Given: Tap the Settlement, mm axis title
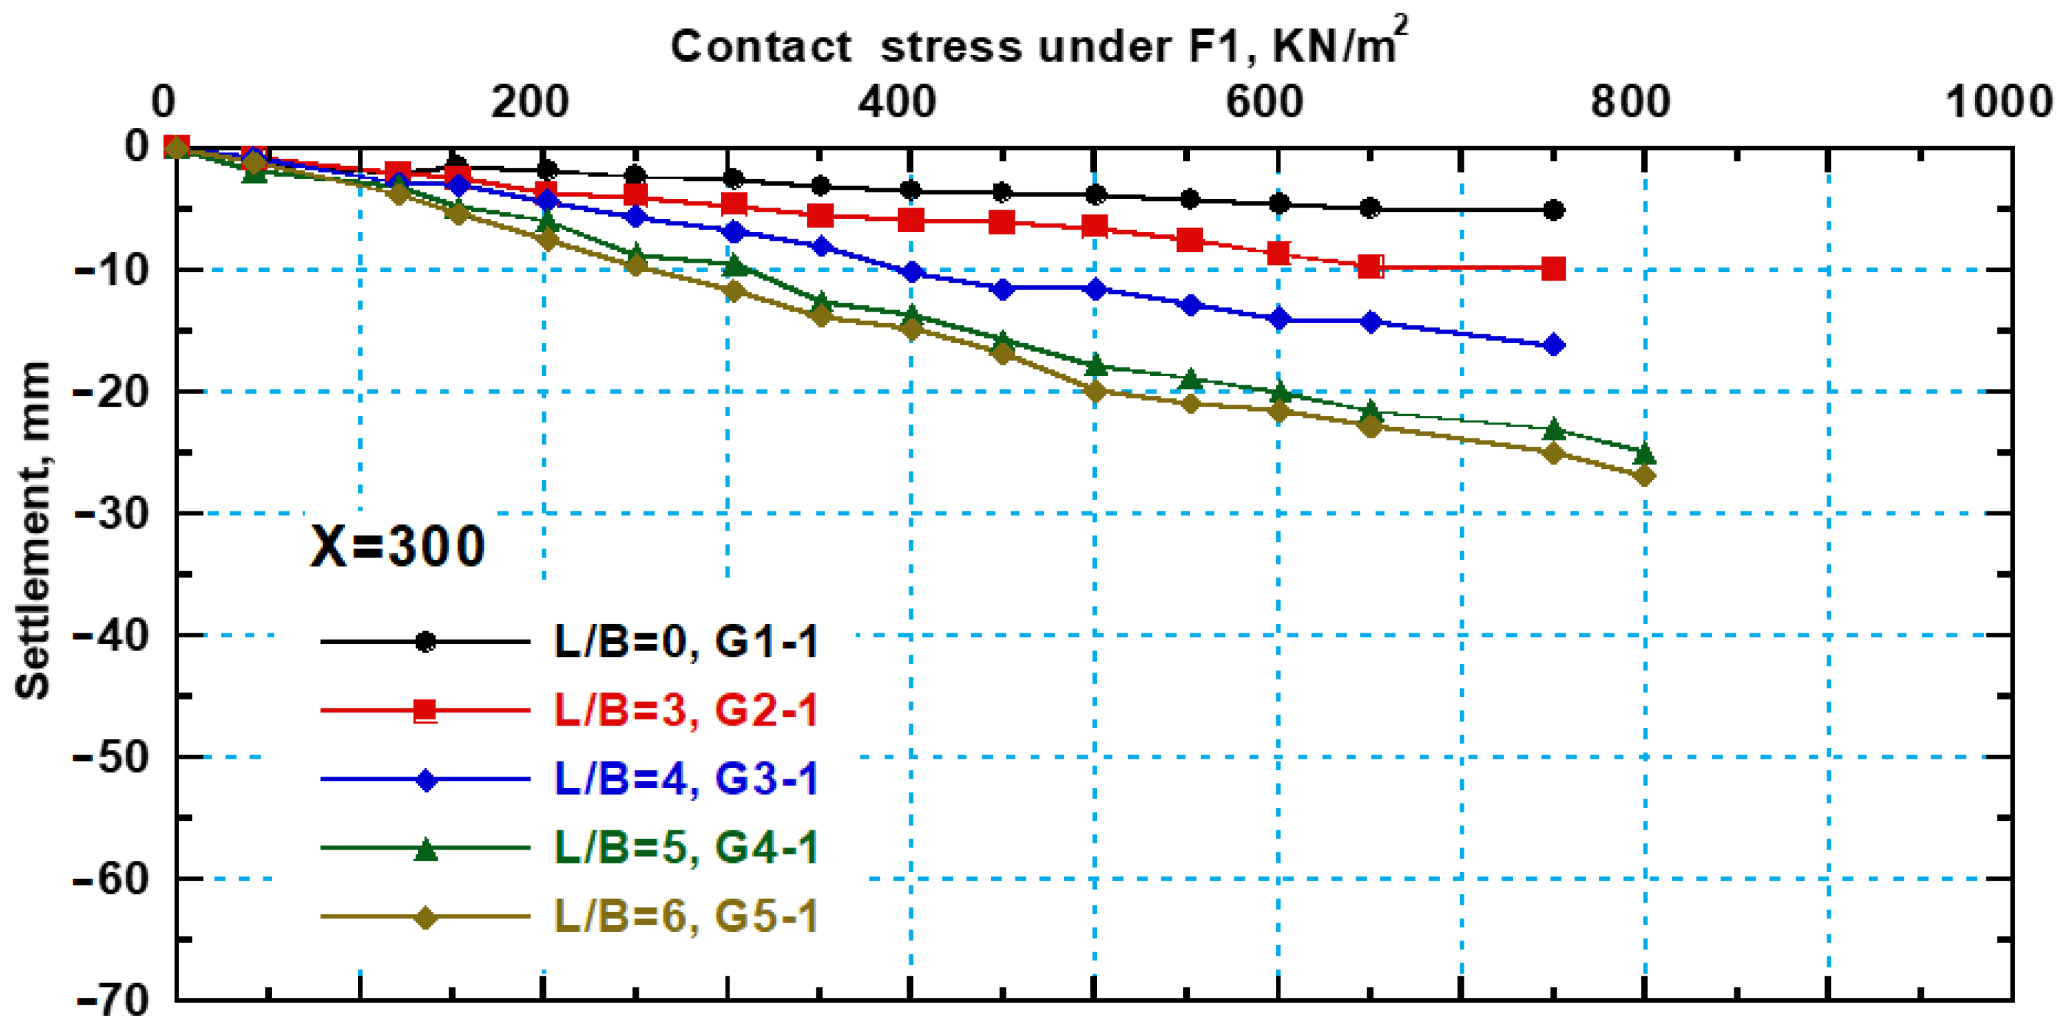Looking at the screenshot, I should (x=34, y=532).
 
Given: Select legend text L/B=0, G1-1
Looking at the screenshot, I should (x=686, y=642).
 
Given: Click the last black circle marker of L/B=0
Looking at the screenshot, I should (x=1553, y=211).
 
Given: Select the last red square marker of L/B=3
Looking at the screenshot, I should (x=1553, y=269).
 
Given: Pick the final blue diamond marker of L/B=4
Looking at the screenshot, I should (x=1553, y=346).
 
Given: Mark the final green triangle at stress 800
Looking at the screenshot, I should (x=1644, y=453).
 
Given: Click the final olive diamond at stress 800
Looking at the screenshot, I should (x=1644, y=476).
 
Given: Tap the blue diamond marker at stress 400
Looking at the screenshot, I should (x=910, y=273).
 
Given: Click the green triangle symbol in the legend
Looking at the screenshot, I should (x=426, y=850).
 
